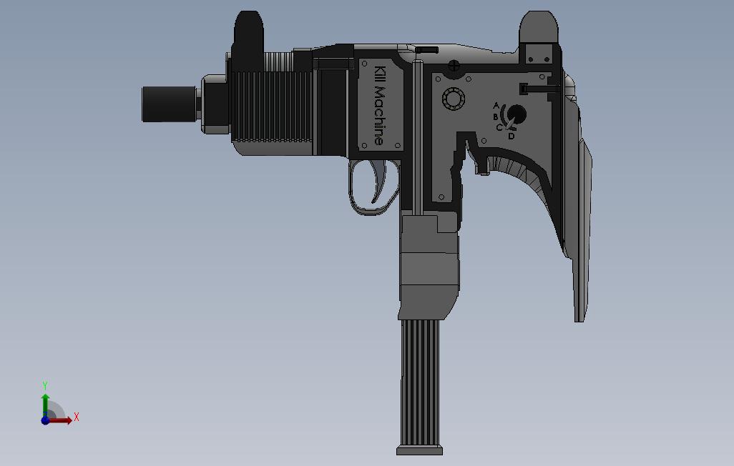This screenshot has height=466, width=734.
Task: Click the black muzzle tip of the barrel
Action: (x=169, y=104)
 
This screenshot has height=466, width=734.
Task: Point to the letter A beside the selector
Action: (x=496, y=106)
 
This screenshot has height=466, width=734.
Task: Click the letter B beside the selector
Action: (x=496, y=116)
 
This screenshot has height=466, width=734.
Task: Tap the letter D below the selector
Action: (x=511, y=136)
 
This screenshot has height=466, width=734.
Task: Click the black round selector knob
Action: (x=517, y=114)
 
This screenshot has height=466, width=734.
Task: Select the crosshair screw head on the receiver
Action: (x=454, y=66)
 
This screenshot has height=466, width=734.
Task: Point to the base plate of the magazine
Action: (x=420, y=450)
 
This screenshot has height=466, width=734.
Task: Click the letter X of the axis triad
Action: (x=77, y=417)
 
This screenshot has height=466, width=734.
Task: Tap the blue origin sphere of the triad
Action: (x=45, y=420)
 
